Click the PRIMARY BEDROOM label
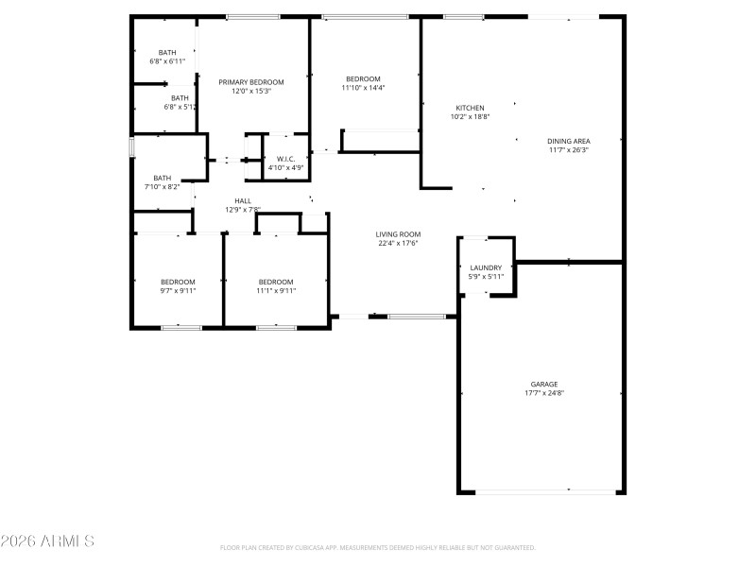pyautogui.click(x=251, y=82)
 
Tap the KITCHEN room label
pyautogui.click(x=470, y=108)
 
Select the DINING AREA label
pyautogui.click(x=568, y=141)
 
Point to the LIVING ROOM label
pyautogui.click(x=398, y=234)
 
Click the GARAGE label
pyautogui.click(x=543, y=385)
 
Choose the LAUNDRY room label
pyautogui.click(x=486, y=268)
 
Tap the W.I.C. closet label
pyautogui.click(x=285, y=159)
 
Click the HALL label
pyautogui.click(x=243, y=200)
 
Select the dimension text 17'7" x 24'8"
pyautogui.click(x=543, y=393)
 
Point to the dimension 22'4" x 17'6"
pyautogui.click(x=398, y=243)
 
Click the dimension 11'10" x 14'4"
pyautogui.click(x=363, y=88)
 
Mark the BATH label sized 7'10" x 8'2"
pyautogui.click(x=163, y=178)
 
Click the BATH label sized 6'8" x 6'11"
pyautogui.click(x=167, y=52)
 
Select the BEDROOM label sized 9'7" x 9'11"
pyautogui.click(x=178, y=282)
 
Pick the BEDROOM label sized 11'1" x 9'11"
pyautogui.click(x=276, y=282)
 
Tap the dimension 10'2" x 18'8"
pyautogui.click(x=470, y=117)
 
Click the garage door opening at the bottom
pyautogui.click(x=543, y=491)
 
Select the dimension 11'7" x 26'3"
pyautogui.click(x=568, y=149)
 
